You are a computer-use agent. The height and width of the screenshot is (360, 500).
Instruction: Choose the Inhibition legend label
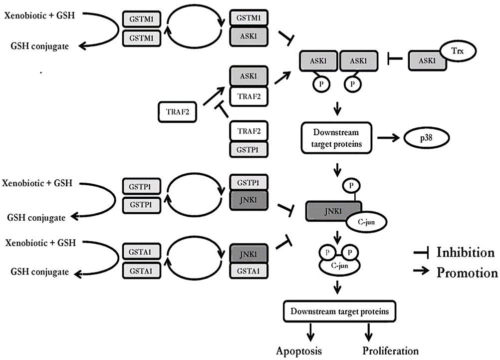pos(465,252)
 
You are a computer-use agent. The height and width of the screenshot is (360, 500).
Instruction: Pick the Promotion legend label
pos(467,273)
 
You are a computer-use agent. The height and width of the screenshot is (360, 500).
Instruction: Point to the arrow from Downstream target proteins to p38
pos(390,136)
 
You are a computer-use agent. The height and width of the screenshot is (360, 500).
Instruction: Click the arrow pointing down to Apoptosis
pos(311,330)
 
